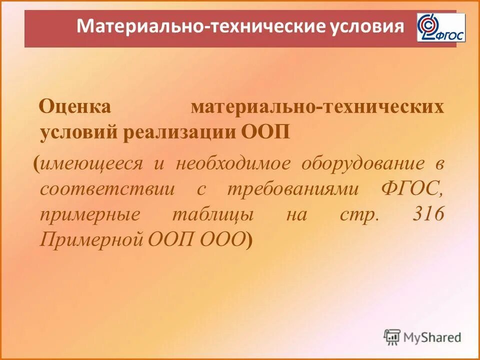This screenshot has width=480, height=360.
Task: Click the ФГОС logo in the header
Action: coord(440,28)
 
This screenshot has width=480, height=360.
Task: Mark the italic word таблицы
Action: coord(213,215)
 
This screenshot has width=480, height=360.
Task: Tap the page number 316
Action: coord(428,215)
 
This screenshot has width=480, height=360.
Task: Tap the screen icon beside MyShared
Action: coord(392,337)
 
